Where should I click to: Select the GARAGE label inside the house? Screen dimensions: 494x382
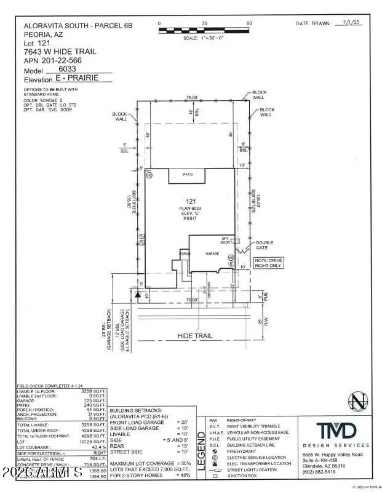[x=212, y=253]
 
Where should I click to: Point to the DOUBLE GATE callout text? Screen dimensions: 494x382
[x=265, y=245]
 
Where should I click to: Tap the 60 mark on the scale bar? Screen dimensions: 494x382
[x=250, y=23]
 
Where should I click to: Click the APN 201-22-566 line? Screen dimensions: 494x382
[x=52, y=60]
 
